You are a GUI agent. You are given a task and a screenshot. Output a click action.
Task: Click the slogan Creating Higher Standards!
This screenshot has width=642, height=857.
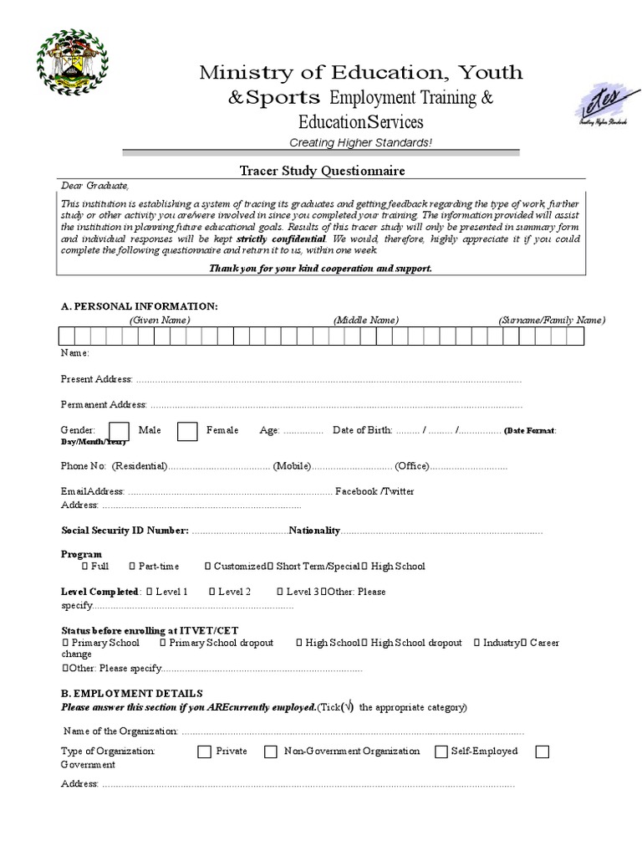360,142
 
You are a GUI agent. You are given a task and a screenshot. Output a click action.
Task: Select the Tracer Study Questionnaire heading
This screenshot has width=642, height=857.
310,171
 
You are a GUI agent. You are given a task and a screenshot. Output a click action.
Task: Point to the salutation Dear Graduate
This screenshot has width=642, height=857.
95,186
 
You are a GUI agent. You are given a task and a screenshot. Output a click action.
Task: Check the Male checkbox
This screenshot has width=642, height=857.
120,430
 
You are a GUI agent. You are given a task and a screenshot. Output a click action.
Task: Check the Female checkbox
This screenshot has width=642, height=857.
187,430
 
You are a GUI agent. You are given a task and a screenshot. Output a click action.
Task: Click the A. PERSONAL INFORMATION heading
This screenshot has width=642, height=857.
139,307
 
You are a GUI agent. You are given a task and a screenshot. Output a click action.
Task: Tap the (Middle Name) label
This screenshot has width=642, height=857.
365,320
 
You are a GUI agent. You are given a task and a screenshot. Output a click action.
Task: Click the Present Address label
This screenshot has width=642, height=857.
96,379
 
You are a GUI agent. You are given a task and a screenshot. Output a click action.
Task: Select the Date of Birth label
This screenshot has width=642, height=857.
362,430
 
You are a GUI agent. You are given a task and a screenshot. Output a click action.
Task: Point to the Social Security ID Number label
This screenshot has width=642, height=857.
125,531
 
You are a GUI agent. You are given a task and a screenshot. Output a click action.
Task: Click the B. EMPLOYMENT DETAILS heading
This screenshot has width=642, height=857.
131,693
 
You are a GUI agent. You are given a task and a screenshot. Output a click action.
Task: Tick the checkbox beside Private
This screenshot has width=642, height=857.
204,752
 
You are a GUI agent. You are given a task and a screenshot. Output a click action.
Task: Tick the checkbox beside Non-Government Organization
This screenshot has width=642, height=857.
271,752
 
